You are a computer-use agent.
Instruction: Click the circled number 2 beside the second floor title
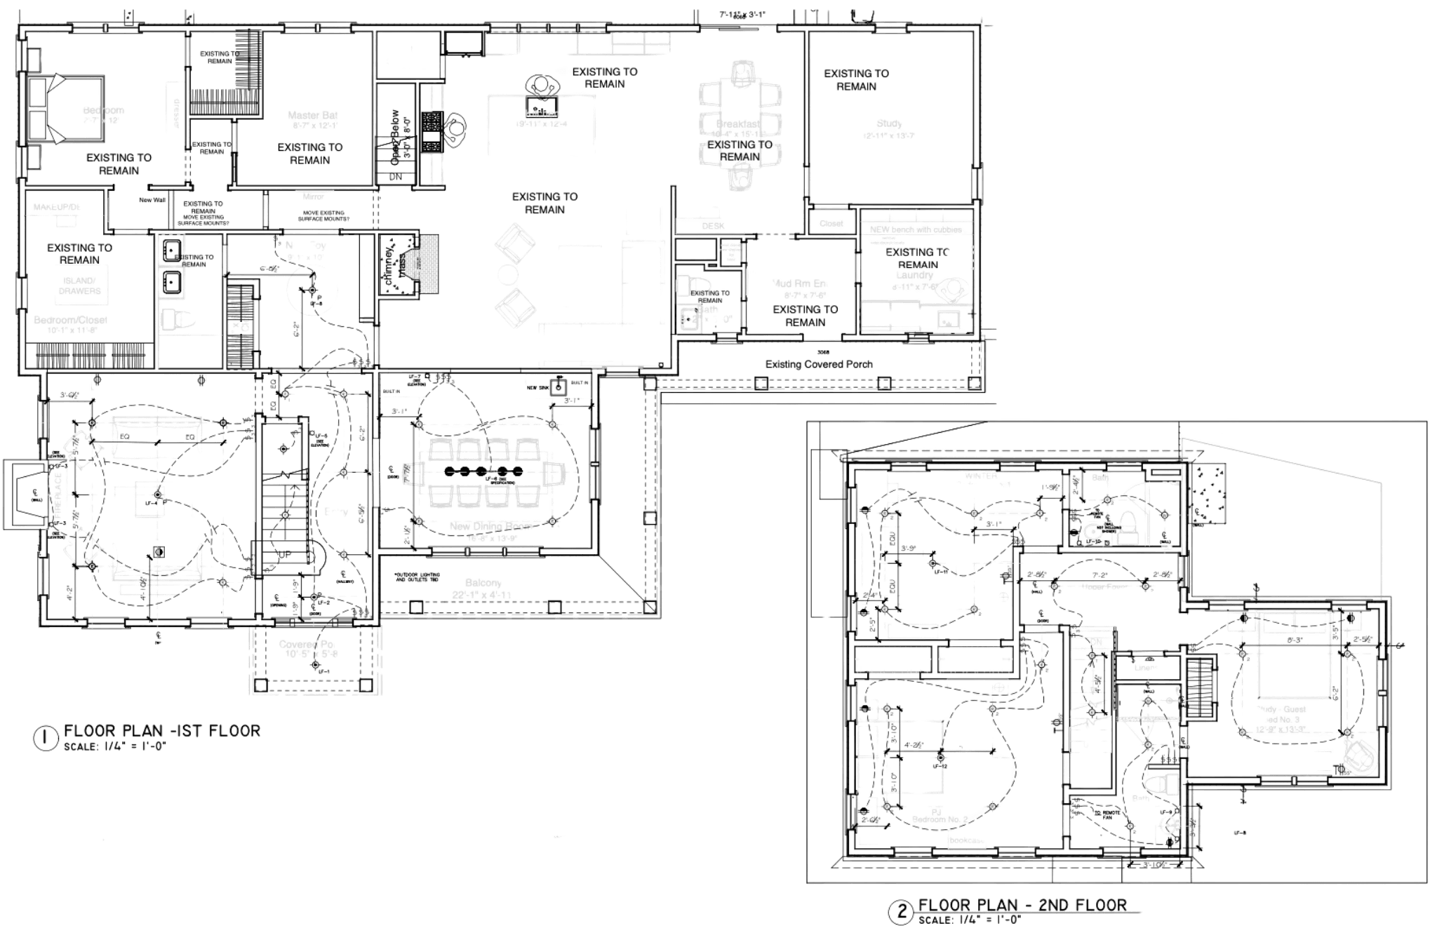[x=901, y=913]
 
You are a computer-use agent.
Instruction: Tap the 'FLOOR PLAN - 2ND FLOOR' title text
[x=1022, y=905]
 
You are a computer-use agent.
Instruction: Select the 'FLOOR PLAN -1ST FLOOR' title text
[x=161, y=730]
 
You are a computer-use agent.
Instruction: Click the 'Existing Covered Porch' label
[x=818, y=364]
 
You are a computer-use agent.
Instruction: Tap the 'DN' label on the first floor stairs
[x=395, y=178]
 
